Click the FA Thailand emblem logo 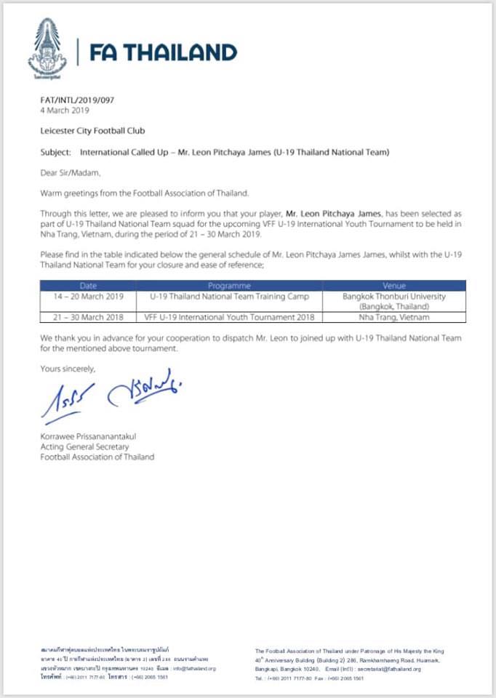[47, 49]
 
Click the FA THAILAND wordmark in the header [163, 52]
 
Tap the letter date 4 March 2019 [65, 111]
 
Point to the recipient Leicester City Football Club [92, 132]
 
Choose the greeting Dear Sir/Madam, [71, 173]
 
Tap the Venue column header [393, 286]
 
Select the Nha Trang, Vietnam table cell [393, 318]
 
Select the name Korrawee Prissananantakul [89, 436]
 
